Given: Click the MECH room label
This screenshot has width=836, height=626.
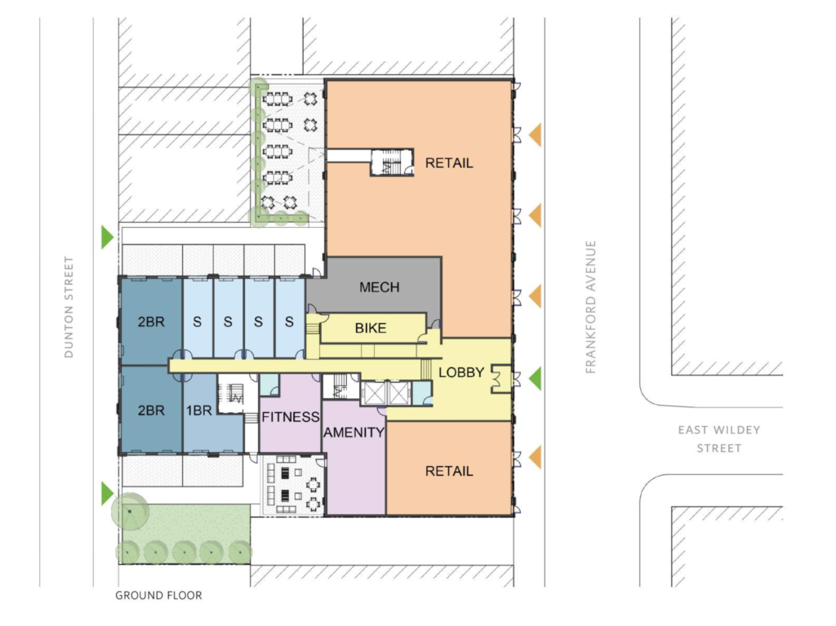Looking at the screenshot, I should (x=379, y=287).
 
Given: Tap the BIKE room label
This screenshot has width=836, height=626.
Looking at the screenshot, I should (x=370, y=329).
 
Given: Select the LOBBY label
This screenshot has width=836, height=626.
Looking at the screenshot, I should (x=461, y=373).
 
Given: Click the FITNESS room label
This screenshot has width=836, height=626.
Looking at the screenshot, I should (x=290, y=417).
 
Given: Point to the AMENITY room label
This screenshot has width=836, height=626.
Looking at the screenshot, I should (x=354, y=433).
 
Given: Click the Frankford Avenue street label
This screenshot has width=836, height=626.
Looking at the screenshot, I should (x=592, y=307).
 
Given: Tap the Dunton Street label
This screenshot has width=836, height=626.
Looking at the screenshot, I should (x=69, y=307).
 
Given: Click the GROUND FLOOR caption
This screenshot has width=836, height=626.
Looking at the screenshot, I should (x=158, y=596).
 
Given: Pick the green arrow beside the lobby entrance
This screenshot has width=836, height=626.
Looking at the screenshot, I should (x=536, y=378).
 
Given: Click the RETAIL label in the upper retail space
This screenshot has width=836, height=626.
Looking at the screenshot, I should (x=449, y=163).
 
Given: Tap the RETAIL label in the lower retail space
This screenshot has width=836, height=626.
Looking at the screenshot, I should (x=449, y=472).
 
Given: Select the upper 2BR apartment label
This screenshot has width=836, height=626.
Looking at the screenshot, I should (x=151, y=322).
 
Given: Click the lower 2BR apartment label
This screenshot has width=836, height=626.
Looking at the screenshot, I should (x=151, y=411).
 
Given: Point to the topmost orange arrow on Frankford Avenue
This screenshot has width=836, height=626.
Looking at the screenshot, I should (x=535, y=135).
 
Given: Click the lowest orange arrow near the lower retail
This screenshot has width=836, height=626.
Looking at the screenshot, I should (x=535, y=458).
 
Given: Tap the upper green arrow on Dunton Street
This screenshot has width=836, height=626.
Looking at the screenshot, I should (x=106, y=237).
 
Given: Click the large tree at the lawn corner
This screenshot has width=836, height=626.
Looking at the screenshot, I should (x=130, y=512).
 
